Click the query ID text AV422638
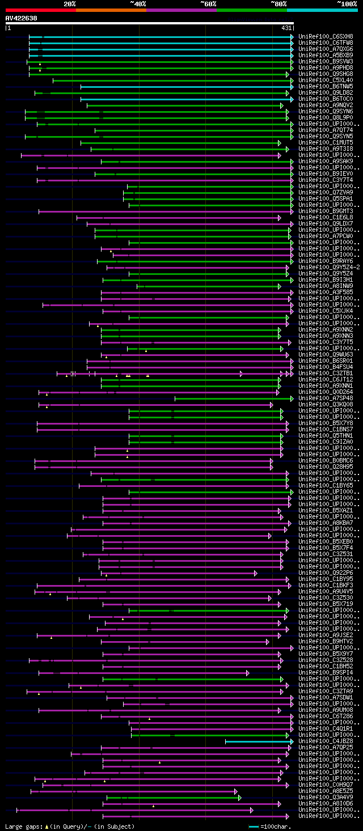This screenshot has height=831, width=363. click(22, 18)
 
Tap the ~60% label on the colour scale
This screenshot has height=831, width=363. click(208, 3)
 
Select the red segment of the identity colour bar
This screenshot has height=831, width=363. click(40, 10)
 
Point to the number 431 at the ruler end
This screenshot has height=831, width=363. click(286, 28)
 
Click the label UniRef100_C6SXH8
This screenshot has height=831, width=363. click(326, 36)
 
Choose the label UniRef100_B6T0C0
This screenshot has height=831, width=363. click(326, 99)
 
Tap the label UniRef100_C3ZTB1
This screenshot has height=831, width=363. click(326, 374)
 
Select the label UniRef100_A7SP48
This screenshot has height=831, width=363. click(326, 398)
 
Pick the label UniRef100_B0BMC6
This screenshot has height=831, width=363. click(326, 461)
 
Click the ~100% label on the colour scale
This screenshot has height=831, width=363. click(347, 3)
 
